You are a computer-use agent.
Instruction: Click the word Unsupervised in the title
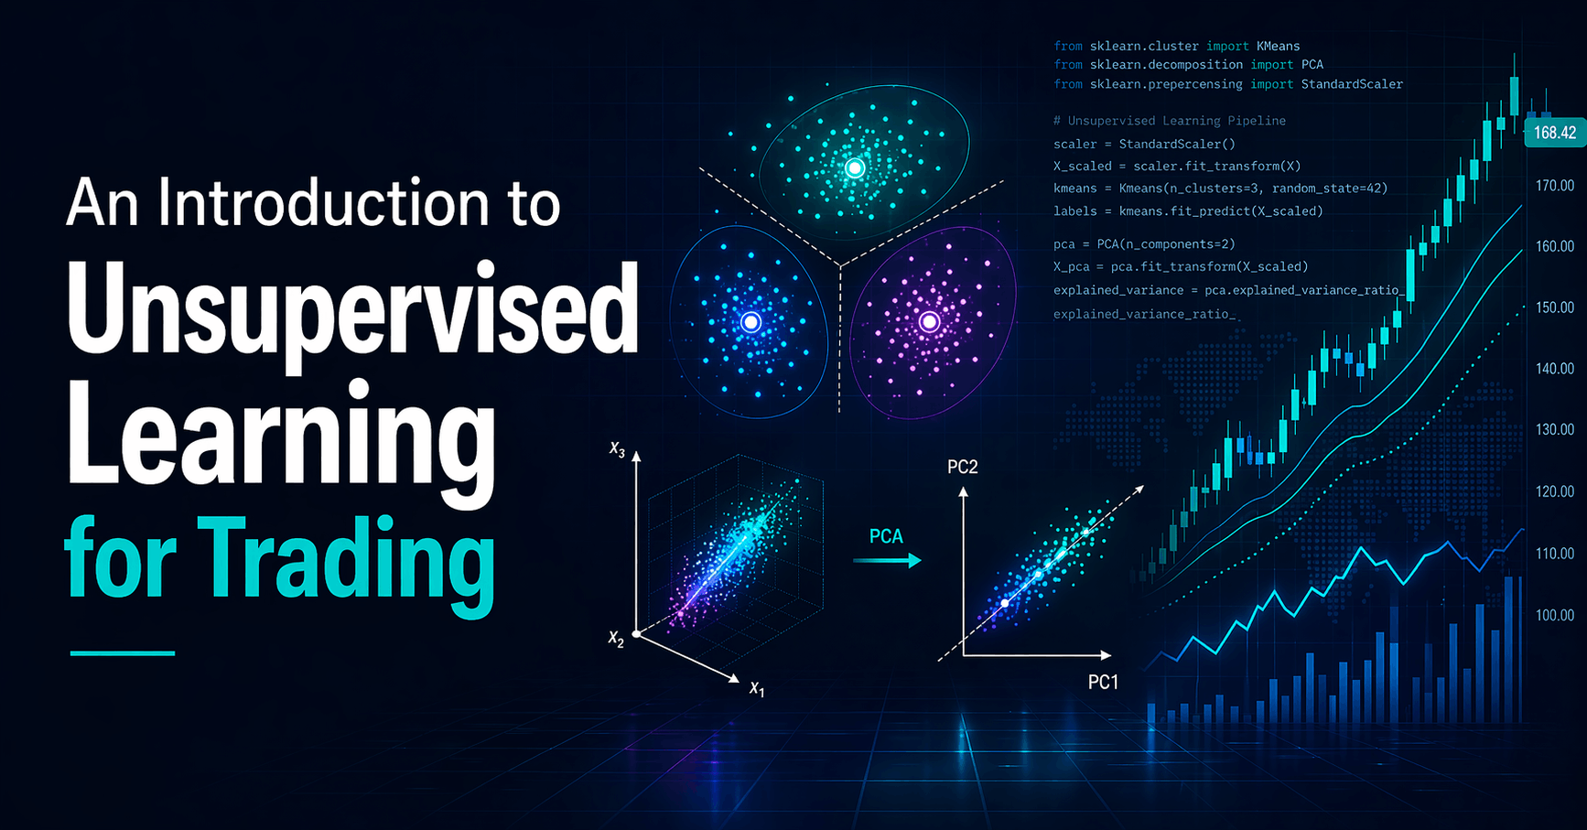point(352,309)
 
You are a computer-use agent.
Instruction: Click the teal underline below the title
point(123,653)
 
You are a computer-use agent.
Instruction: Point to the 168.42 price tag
point(1554,133)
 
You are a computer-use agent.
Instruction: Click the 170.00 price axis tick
point(1555,186)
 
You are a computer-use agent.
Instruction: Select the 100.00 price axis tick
point(1555,615)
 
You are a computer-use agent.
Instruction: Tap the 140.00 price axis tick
point(1555,369)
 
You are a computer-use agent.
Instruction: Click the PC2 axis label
point(963,468)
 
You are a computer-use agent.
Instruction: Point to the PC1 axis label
point(1103,682)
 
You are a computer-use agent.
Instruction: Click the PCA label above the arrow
point(886,536)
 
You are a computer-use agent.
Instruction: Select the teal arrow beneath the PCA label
point(887,561)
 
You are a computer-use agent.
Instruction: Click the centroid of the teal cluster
point(855,167)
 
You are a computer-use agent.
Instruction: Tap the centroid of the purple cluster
point(929,321)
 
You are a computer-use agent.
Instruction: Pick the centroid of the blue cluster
point(750,321)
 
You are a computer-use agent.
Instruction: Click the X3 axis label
point(618,449)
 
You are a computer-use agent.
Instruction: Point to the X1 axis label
point(757,689)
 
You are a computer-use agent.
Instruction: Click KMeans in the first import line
point(1279,46)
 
